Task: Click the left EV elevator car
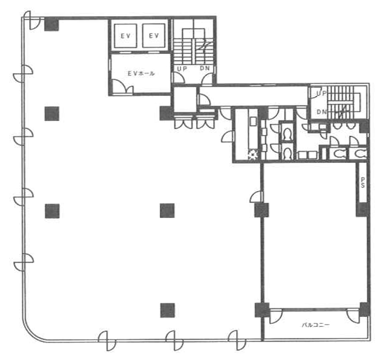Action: [125, 36]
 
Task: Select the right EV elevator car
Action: [154, 36]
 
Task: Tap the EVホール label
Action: [141, 74]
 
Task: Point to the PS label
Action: [363, 182]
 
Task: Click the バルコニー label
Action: [315, 325]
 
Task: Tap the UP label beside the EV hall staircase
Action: [182, 69]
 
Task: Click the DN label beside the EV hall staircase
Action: [205, 68]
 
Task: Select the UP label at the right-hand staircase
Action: [321, 93]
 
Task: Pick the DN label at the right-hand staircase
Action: [322, 112]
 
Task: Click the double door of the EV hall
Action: [122, 87]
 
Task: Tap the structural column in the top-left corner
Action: [51, 24]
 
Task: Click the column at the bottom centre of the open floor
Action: [168, 311]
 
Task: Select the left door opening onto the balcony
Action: [276, 316]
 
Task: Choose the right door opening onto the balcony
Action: [353, 316]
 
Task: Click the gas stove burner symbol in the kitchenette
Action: [253, 155]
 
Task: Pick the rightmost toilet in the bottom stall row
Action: [360, 154]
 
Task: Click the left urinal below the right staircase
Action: [337, 126]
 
